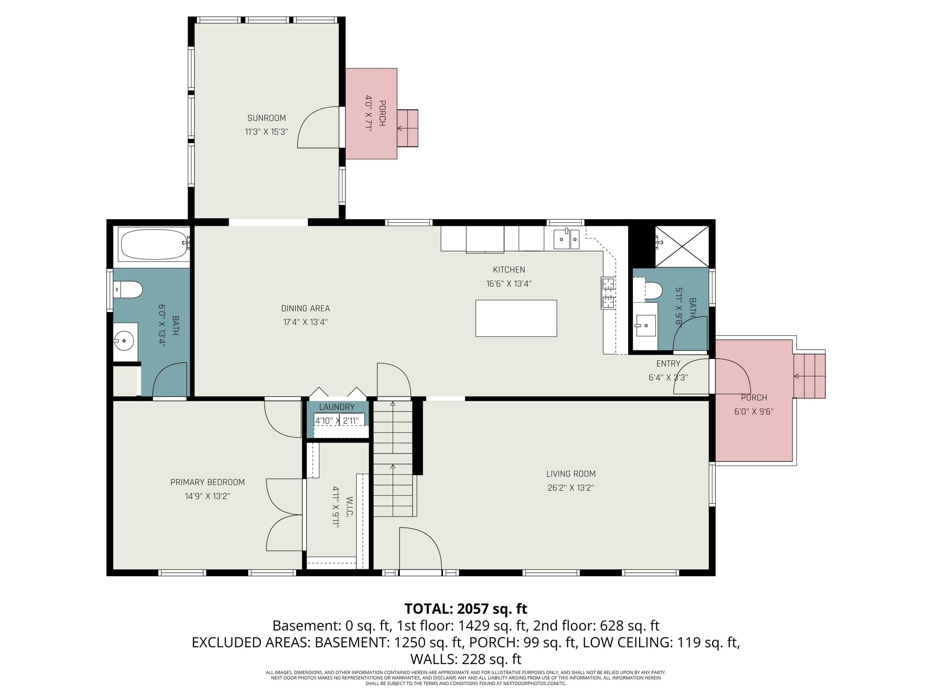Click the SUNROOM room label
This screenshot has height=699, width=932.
266,118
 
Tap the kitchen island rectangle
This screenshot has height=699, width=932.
516,318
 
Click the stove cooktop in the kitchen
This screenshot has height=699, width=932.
608,293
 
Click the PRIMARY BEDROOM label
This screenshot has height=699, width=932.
207,482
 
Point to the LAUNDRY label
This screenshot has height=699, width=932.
337,407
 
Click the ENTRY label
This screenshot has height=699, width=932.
668,363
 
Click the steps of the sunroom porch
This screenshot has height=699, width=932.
407,128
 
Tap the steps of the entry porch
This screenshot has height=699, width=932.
809,376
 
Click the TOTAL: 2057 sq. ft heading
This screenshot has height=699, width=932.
466,609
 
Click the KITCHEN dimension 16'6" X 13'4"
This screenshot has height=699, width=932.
509,284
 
